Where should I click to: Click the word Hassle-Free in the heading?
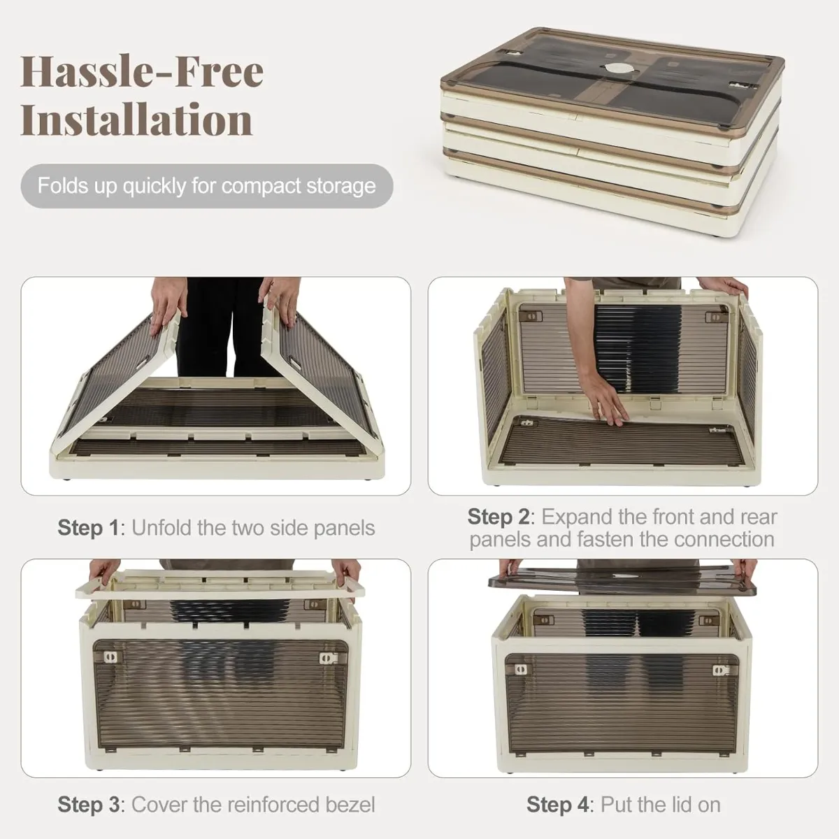tap(142, 72)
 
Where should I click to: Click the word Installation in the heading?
tap(136, 120)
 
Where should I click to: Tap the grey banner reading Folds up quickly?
tap(207, 186)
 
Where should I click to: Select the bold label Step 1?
tap(88, 528)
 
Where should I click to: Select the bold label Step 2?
tap(498, 517)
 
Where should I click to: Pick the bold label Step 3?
tap(88, 804)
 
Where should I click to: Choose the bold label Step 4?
tap(557, 804)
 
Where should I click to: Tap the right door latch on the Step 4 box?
tap(720, 670)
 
